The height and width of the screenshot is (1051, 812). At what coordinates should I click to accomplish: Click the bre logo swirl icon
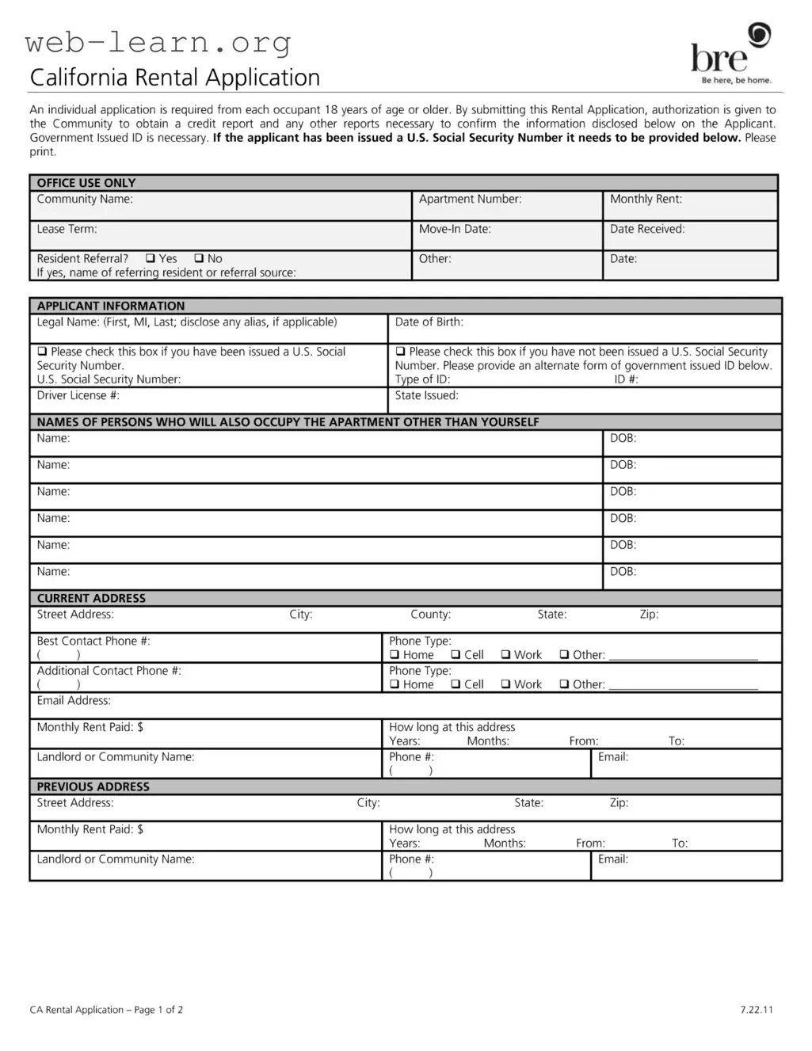coord(759,35)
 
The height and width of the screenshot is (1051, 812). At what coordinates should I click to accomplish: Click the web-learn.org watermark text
coord(158,41)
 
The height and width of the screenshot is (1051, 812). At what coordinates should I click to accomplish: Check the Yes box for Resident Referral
coord(151,258)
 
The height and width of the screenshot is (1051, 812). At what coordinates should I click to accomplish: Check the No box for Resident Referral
coord(199,258)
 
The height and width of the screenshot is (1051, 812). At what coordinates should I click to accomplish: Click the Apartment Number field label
coord(470,200)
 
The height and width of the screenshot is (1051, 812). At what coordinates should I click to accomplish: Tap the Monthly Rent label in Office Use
coord(646,200)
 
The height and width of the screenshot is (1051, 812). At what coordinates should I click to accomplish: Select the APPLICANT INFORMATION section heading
coord(111,306)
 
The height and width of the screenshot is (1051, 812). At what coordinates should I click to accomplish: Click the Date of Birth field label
coord(429,322)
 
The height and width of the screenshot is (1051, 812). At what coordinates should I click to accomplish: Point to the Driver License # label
coord(78,395)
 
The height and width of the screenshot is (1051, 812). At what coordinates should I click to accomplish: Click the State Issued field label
coord(426,395)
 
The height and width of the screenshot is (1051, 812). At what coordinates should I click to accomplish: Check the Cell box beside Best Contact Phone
coord(456,655)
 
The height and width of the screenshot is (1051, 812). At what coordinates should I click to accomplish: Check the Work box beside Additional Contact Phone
coord(505,684)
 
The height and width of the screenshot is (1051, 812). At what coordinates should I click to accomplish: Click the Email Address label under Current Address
coord(74,701)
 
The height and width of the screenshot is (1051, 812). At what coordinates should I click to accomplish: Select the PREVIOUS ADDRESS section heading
coord(93,786)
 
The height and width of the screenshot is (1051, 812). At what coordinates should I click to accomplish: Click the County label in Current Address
coord(430,615)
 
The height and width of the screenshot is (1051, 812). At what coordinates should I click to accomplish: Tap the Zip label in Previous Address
coord(619,803)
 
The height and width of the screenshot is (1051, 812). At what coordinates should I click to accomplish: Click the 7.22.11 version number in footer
coord(757,1010)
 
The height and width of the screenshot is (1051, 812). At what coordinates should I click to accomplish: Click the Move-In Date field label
coord(455,229)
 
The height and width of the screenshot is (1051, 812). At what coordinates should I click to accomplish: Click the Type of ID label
coord(422,379)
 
